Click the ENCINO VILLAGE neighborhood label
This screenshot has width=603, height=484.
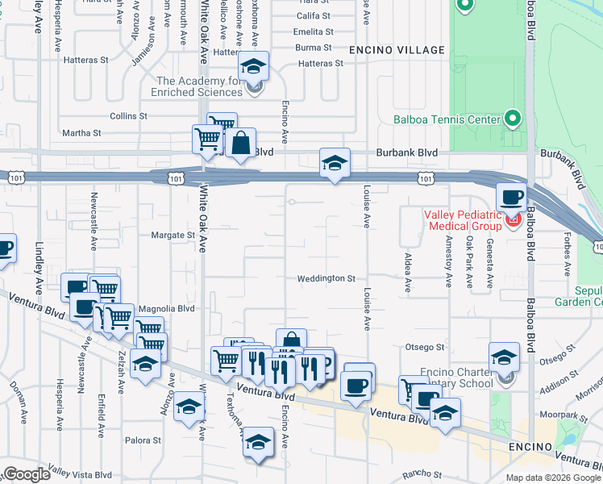tap(397, 50)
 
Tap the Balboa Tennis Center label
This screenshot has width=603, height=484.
tap(447, 120)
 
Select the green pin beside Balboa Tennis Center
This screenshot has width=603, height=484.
tap(512, 119)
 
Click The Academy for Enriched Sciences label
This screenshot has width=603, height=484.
tap(198, 86)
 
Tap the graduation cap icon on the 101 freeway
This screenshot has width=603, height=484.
tap(335, 163)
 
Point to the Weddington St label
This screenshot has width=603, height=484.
tap(326, 278)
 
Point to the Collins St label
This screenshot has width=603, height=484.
tap(128, 116)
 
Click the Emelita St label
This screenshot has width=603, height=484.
tap(314, 31)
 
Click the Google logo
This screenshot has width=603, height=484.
tap(27, 474)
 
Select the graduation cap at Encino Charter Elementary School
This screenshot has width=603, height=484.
tap(504, 357)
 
